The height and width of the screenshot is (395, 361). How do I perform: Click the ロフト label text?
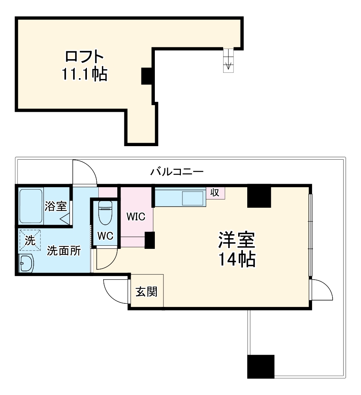(85, 56)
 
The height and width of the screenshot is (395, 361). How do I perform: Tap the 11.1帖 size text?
(85, 74)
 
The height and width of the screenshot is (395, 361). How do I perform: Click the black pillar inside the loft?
(147, 76)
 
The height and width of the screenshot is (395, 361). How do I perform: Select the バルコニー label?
(177, 172)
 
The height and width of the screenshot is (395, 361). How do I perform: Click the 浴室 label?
(56, 206)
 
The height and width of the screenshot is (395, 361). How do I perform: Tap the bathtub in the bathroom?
(31, 206)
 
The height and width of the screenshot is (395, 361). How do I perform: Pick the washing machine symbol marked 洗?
(30, 240)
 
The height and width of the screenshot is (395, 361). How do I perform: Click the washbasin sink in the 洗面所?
(26, 263)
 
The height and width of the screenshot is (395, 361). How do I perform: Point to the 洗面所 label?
(64, 250)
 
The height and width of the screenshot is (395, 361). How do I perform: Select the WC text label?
(105, 236)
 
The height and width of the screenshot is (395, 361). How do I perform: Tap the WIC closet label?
(135, 216)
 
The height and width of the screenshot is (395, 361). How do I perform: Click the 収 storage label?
(215, 192)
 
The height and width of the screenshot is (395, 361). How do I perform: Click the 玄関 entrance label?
(147, 292)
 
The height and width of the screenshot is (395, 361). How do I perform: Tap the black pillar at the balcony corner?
(261, 367)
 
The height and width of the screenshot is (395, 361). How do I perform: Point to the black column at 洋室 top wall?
(259, 196)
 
